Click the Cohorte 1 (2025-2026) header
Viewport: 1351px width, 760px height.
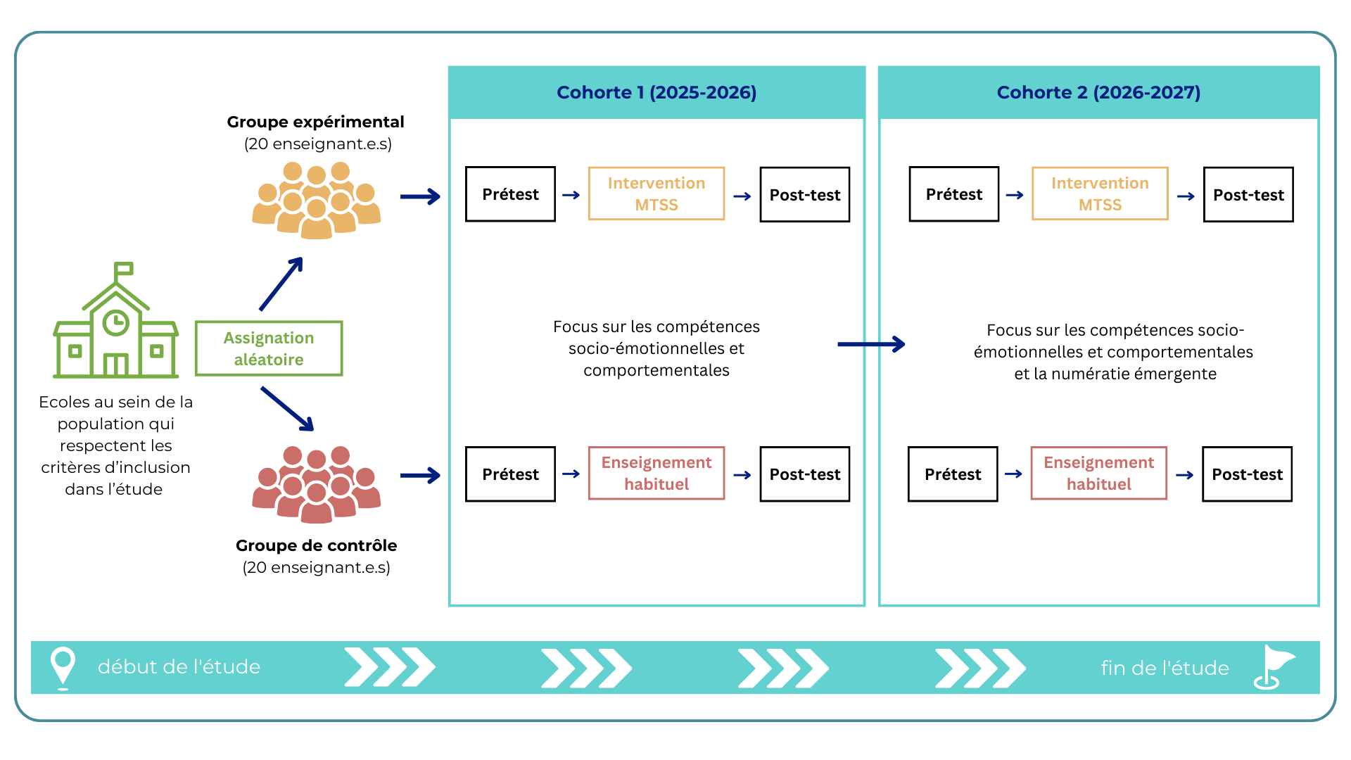pyautogui.click(x=656, y=92)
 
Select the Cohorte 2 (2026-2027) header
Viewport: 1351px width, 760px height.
pyautogui.click(x=1098, y=92)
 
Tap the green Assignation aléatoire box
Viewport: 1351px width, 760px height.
pyautogui.click(x=268, y=348)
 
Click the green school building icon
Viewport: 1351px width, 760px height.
pyautogui.click(x=116, y=331)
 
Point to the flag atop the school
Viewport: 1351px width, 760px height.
pyautogui.click(x=125, y=269)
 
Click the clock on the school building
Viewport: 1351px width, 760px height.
pyautogui.click(x=115, y=323)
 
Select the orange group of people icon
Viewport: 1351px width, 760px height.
pyautogui.click(x=317, y=200)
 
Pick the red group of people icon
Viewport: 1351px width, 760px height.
pyautogui.click(x=317, y=484)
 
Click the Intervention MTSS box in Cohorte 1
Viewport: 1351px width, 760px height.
pyautogui.click(x=656, y=194)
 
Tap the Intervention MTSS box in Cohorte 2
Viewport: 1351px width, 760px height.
pyautogui.click(x=1100, y=194)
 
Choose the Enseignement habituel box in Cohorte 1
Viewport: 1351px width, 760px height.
pyautogui.click(x=656, y=473)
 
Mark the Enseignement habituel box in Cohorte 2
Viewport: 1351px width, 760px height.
pyautogui.click(x=1098, y=473)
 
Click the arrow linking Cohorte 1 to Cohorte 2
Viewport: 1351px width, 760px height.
pyautogui.click(x=871, y=344)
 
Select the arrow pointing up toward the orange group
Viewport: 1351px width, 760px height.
pyautogui.click(x=281, y=284)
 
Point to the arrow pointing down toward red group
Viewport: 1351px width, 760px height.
pyautogui.click(x=287, y=409)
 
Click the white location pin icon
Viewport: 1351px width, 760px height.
pyautogui.click(x=63, y=666)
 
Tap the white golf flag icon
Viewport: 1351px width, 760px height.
pyautogui.click(x=1272, y=666)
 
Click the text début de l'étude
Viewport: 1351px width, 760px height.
pyautogui.click(x=179, y=666)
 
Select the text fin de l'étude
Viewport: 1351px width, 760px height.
pyautogui.click(x=1165, y=668)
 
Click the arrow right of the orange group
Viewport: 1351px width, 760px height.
pyautogui.click(x=420, y=196)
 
